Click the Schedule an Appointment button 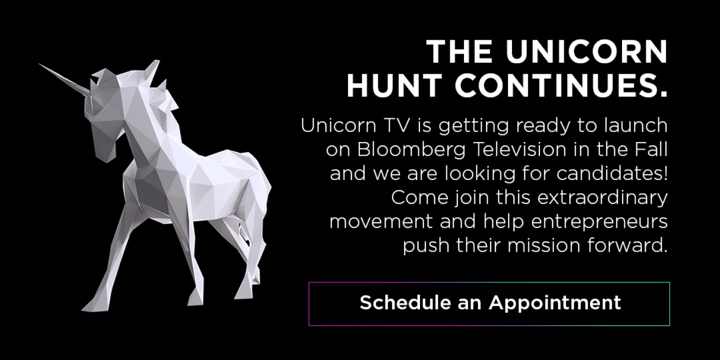489,304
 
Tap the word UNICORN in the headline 587,52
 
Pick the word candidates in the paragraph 609,173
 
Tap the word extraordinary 602,198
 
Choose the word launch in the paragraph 635,125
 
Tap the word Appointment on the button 555,303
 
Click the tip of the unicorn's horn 40,64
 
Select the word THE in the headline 460,52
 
